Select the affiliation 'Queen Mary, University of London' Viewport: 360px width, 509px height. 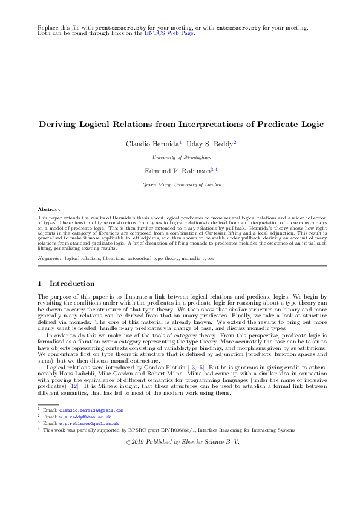(180, 184)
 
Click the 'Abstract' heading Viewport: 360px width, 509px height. (49, 210)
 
